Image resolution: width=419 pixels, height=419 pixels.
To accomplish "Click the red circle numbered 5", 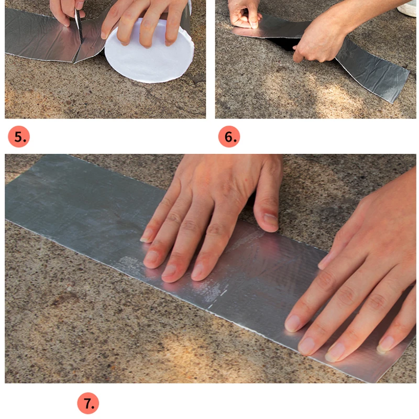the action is click(x=19, y=137).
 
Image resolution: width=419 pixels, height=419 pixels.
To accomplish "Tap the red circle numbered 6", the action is click(x=229, y=137).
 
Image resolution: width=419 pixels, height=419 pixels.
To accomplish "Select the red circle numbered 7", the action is click(x=88, y=403).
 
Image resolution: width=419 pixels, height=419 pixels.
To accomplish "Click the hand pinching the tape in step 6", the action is click(x=244, y=14).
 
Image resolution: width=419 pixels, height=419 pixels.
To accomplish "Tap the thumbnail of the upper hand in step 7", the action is click(x=270, y=220).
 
